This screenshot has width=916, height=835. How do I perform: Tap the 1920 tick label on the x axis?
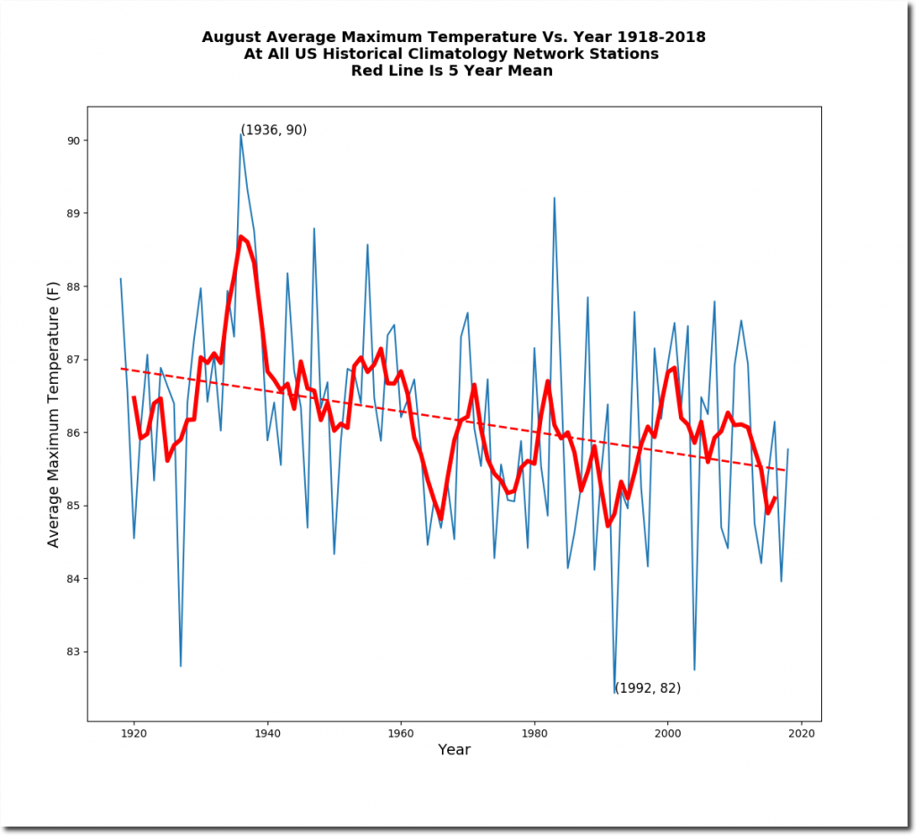pyautogui.click(x=133, y=732)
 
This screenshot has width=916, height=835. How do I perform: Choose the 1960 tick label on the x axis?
pyautogui.click(x=401, y=732)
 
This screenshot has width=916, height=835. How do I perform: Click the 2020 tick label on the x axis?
pyautogui.click(x=801, y=732)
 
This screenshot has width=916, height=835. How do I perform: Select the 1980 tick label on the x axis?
pyautogui.click(x=534, y=732)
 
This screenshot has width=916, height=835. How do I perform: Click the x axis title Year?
pyautogui.click(x=454, y=750)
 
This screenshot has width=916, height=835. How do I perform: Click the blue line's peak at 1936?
pyautogui.click(x=241, y=133)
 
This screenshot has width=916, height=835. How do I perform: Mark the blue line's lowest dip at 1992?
pyautogui.click(x=615, y=693)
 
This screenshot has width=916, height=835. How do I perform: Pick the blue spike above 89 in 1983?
pyautogui.click(x=555, y=198)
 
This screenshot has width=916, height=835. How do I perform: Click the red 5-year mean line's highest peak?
pyautogui.click(x=241, y=236)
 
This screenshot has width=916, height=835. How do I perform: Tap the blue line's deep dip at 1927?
pyautogui.click(x=181, y=666)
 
